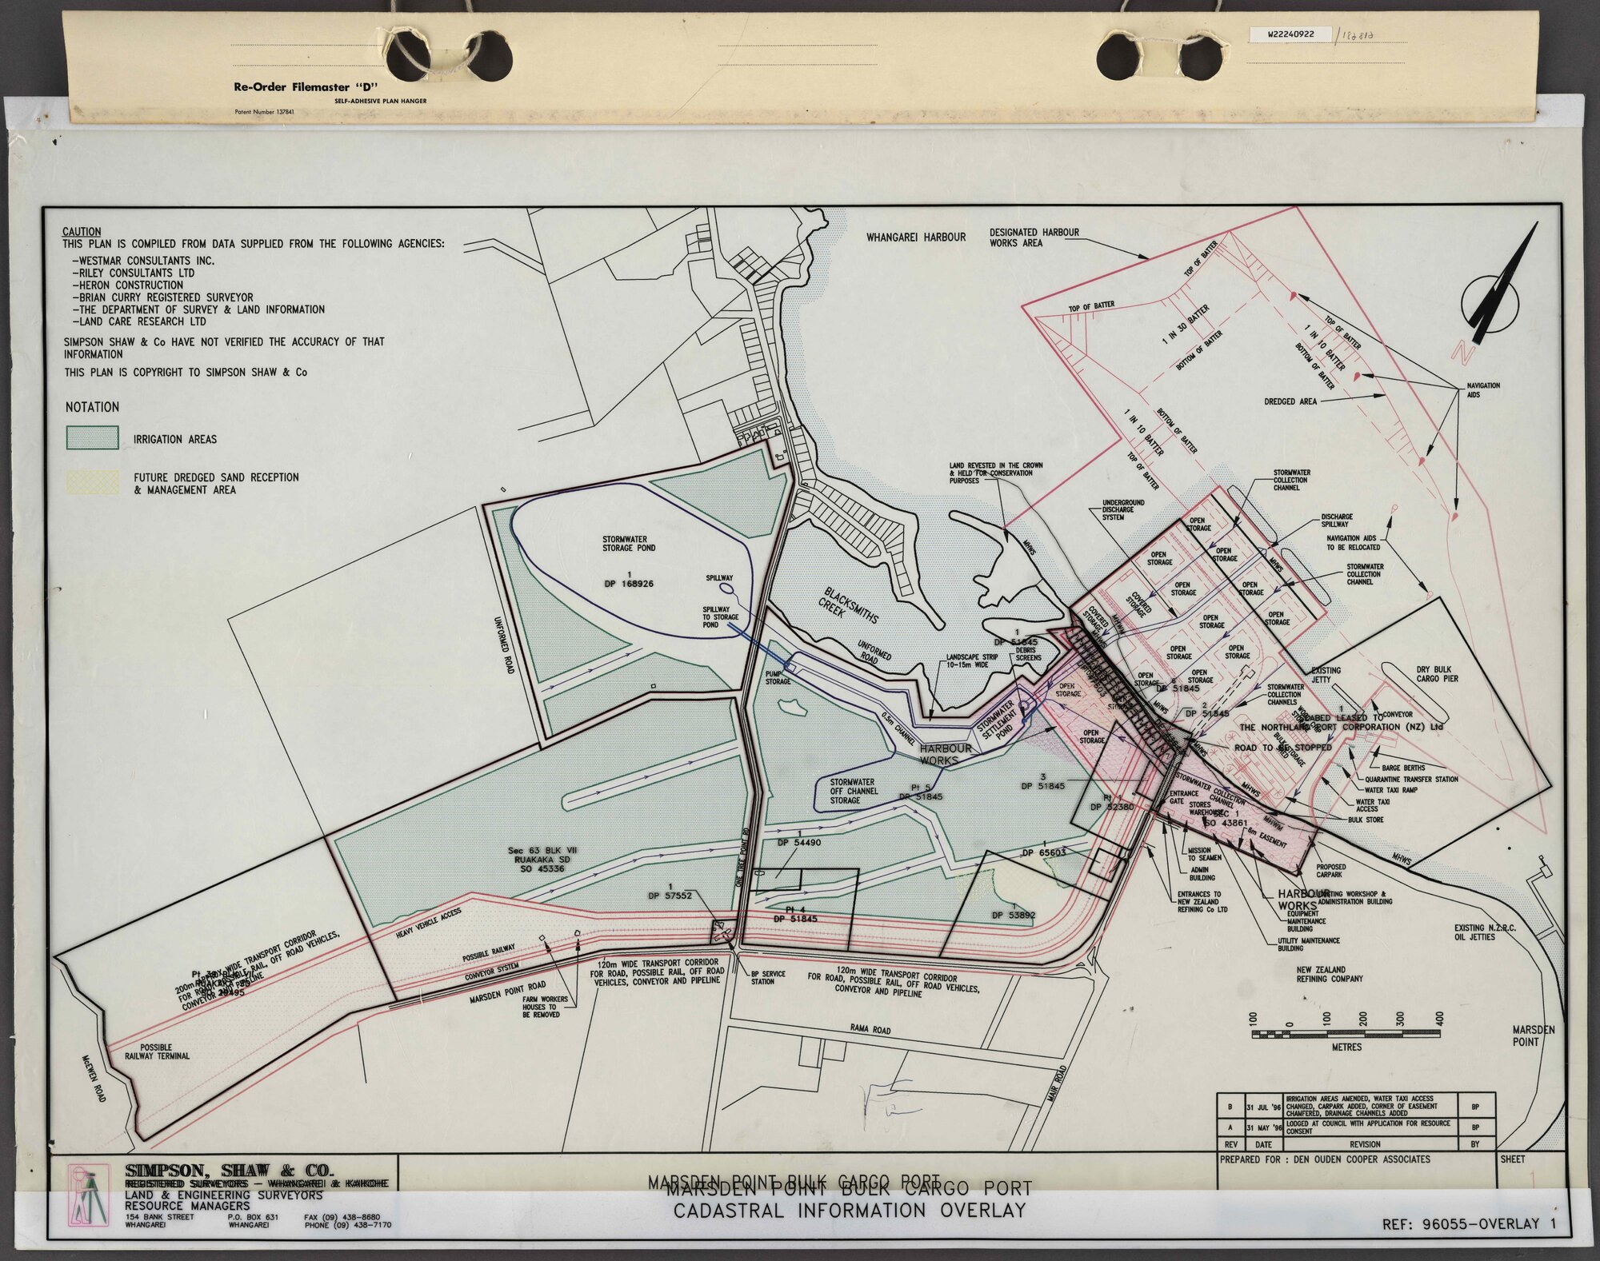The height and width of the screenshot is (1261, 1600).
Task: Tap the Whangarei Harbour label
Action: [x=916, y=237]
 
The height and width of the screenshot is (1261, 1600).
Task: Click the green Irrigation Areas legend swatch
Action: [x=92, y=438]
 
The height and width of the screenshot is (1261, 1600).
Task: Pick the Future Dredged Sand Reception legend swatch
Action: [x=92, y=482]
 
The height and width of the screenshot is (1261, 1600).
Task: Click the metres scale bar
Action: [x=1346, y=1034]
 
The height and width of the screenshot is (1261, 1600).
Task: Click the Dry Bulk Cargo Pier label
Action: [x=1437, y=674]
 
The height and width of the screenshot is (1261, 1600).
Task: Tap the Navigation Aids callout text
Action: [x=1482, y=389]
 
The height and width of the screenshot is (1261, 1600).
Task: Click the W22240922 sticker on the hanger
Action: [x=1288, y=35]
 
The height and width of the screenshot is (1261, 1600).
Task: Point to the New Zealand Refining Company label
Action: [x=1330, y=974]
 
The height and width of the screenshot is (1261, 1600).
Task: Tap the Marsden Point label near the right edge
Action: [x=1533, y=1036]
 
